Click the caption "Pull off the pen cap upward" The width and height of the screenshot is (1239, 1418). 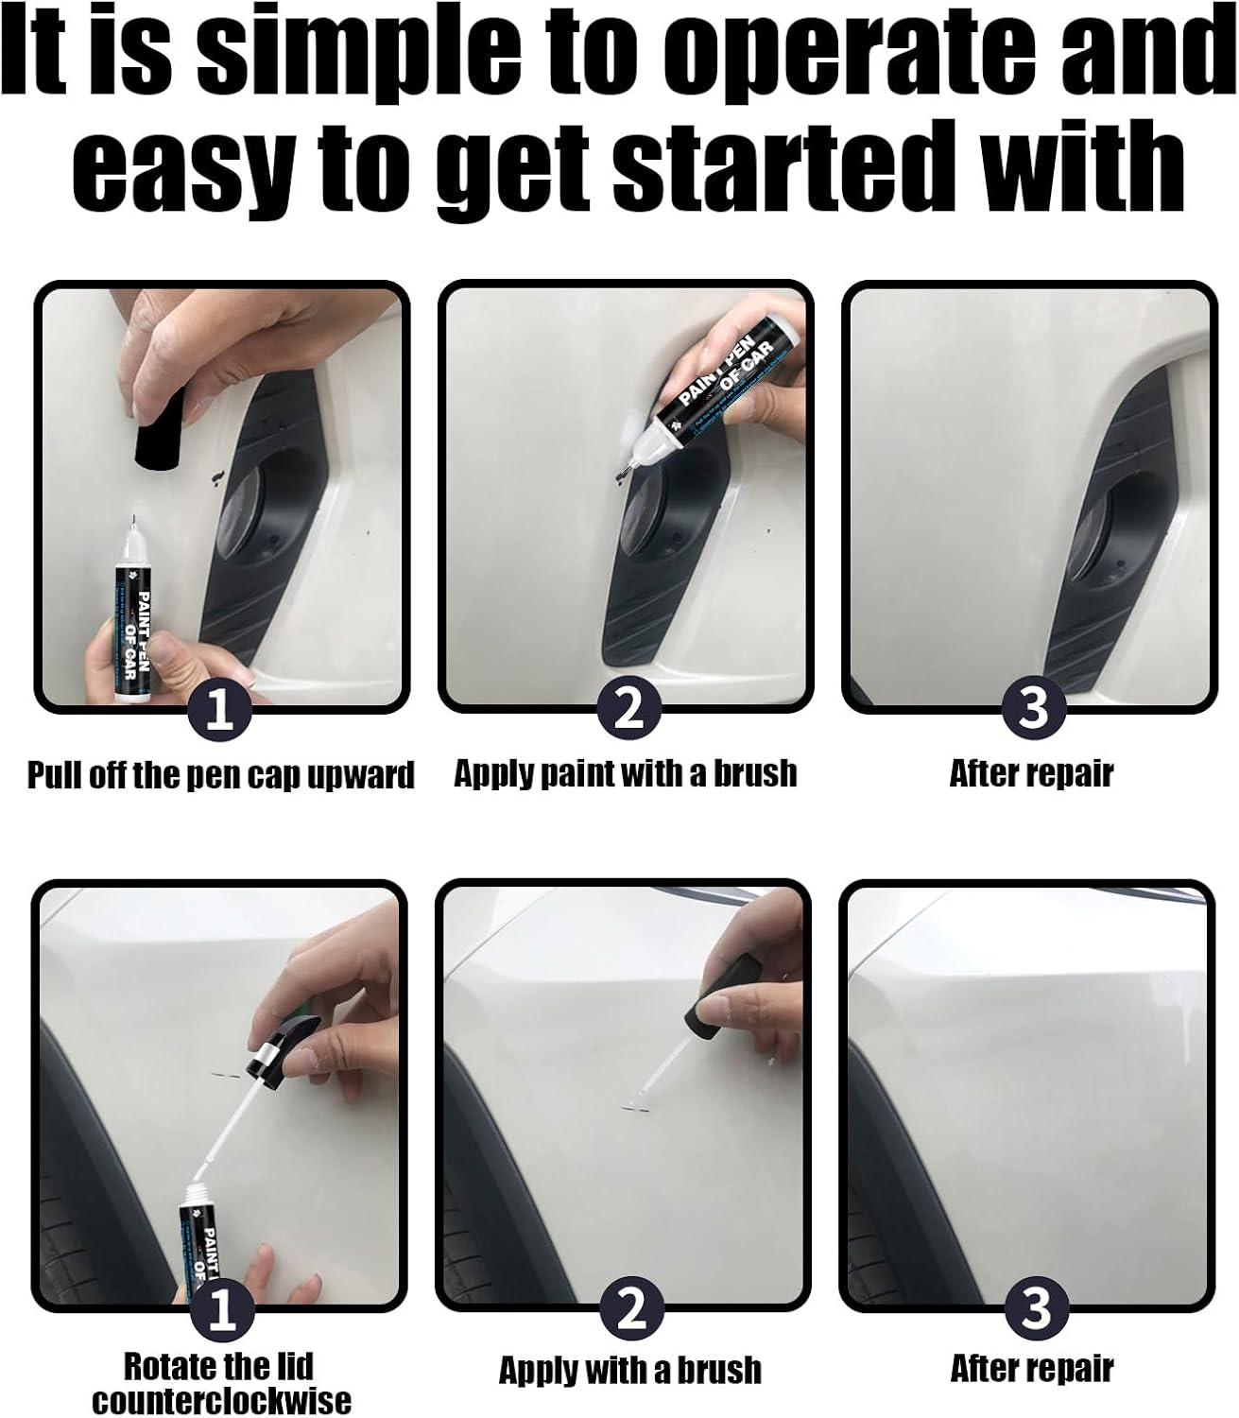[x=220, y=775]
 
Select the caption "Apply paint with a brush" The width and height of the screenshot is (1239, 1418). [x=626, y=773]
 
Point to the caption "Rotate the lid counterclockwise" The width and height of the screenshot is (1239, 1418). [x=220, y=1382]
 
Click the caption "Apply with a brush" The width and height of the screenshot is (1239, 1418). [x=629, y=1369]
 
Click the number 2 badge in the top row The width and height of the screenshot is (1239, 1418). [x=628, y=710]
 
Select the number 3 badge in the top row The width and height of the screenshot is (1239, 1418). [x=1032, y=710]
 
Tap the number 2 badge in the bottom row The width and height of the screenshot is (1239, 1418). [x=629, y=1310]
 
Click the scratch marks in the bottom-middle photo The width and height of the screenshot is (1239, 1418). [x=631, y=1104]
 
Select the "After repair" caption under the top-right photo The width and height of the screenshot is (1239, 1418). [x=1031, y=773]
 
